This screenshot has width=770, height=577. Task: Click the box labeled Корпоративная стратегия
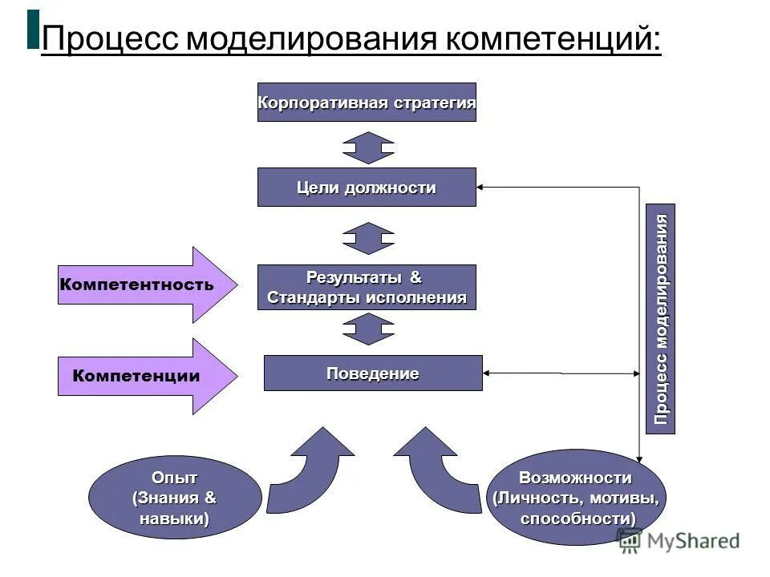pos(367,103)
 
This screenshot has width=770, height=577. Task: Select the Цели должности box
pos(367,188)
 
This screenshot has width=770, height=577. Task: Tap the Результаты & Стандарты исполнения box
pos(367,287)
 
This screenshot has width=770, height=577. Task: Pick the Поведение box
pos(373,373)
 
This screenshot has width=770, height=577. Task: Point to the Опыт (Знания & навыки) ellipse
pos(174,498)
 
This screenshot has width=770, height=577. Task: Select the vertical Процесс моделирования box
pos(660,319)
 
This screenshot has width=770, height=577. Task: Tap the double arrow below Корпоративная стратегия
pos(368,148)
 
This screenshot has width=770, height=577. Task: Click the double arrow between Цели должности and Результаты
pos(368,238)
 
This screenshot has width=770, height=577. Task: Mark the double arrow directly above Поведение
pos(368,329)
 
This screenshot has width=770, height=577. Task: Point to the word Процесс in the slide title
pos(109,38)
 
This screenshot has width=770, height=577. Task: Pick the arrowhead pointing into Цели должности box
pos(481,188)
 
